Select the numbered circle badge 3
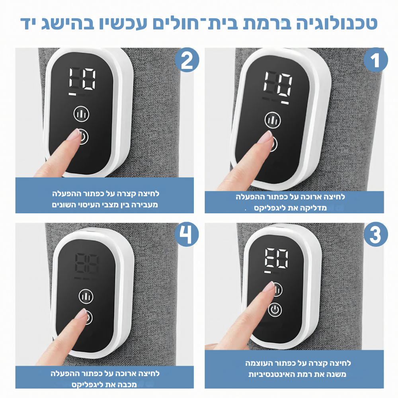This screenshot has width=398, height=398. click(376, 235)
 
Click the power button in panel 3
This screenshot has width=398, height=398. click(275, 309)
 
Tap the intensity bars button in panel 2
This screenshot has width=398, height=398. click(81, 114)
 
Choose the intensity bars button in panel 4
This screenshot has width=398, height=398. click(86, 295)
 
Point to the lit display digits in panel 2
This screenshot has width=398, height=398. click(82, 78)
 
